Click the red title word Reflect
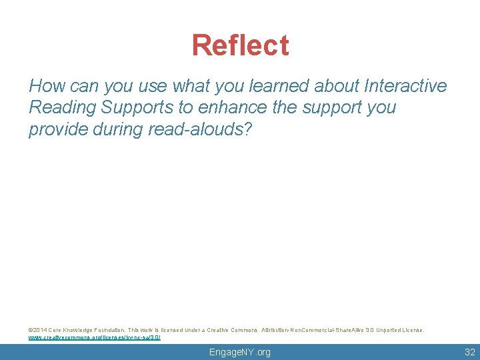click(240, 45)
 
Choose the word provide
click(58, 129)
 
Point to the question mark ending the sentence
click(248, 129)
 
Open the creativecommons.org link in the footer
click(94, 337)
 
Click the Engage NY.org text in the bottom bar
click(240, 352)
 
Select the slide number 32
click(469, 352)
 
